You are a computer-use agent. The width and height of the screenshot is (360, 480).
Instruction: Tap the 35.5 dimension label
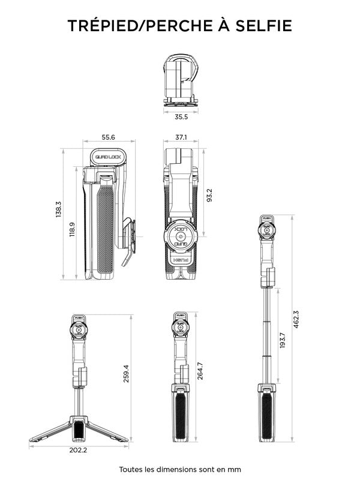[181, 117]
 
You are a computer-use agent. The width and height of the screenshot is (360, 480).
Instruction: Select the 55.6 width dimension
[108, 137]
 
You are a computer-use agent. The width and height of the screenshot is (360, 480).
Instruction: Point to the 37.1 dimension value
[181, 137]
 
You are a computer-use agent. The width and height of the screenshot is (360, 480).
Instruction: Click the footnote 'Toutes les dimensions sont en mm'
[180, 469]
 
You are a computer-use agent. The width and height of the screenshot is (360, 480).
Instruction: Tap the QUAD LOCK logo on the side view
[108, 157]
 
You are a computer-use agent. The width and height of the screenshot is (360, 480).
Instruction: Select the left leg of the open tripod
[51, 431]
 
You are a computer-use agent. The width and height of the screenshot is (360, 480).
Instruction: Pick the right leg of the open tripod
[108, 431]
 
